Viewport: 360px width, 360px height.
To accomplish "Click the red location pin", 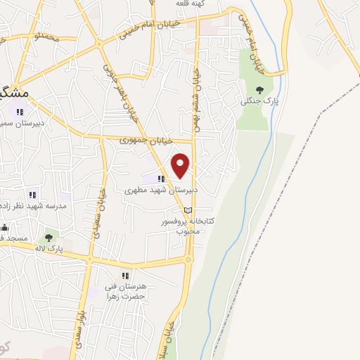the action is click(181, 165).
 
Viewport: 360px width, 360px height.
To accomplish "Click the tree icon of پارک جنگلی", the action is click(260, 89).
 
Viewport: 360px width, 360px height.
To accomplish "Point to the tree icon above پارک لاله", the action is click(49, 238).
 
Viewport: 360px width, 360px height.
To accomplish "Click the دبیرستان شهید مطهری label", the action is click(161, 190).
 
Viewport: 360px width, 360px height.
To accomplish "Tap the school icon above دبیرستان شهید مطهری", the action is click(161, 179).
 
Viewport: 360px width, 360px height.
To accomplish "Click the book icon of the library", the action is click(186, 210).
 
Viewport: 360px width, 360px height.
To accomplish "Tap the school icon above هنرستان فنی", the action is click(125, 276).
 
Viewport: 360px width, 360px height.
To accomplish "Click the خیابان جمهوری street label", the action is click(127, 140).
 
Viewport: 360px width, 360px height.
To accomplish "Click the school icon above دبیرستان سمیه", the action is click(20, 111).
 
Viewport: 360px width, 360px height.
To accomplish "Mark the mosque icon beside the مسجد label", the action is click(4, 227).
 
